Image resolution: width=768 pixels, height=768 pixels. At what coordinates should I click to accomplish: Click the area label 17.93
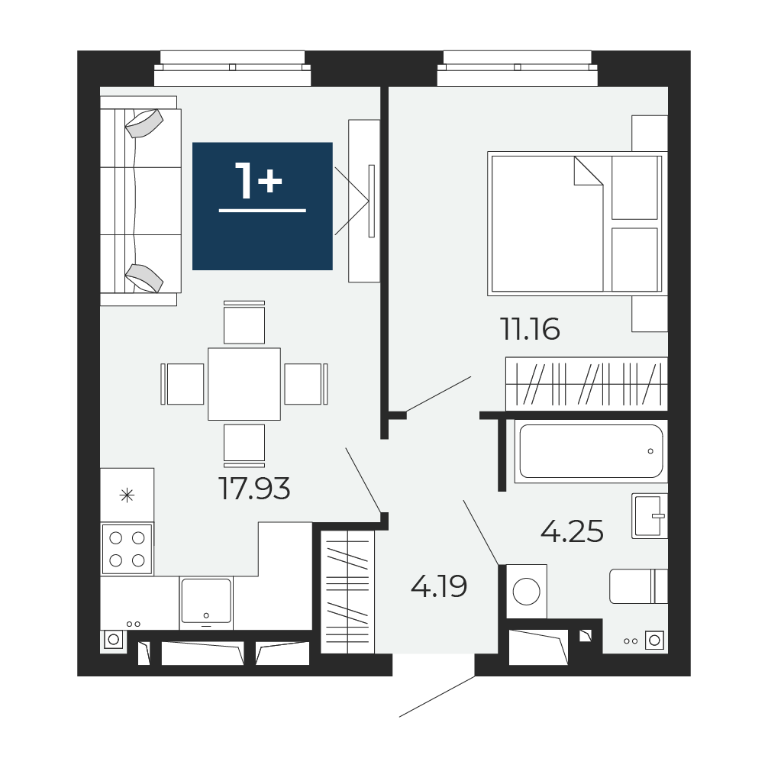click(x=255, y=489)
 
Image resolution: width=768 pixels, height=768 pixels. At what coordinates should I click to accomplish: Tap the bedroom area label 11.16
click(x=530, y=329)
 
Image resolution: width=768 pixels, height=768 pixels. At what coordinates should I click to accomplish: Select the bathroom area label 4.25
click(x=572, y=531)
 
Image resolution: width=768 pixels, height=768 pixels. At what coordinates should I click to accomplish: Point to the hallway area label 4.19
click(x=439, y=586)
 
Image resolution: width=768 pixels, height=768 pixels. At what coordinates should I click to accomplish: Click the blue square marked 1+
click(x=263, y=206)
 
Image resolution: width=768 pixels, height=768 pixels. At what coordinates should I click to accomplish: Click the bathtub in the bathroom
click(x=591, y=451)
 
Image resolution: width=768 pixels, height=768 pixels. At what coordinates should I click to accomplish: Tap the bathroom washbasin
click(x=650, y=516)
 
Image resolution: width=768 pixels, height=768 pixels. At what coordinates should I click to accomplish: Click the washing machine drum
click(x=527, y=591)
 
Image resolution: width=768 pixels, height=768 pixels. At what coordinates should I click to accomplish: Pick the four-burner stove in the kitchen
click(x=127, y=549)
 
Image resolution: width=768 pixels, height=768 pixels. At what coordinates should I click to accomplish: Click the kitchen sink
click(x=206, y=602)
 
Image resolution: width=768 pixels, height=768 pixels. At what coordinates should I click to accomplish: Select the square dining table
click(x=244, y=384)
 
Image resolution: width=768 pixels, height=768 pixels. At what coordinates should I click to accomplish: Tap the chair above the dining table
click(x=244, y=322)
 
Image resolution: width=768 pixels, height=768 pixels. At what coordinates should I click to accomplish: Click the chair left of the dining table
click(x=182, y=384)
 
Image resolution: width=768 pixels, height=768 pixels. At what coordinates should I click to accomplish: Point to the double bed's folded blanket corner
click(x=589, y=171)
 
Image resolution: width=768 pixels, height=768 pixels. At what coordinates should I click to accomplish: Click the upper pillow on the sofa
click(x=144, y=123)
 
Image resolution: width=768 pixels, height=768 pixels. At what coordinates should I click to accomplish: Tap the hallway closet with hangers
click(x=348, y=592)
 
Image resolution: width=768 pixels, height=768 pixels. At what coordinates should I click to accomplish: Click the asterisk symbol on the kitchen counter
click(x=127, y=495)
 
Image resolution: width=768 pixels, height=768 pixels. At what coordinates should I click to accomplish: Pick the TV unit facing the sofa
click(x=364, y=201)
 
